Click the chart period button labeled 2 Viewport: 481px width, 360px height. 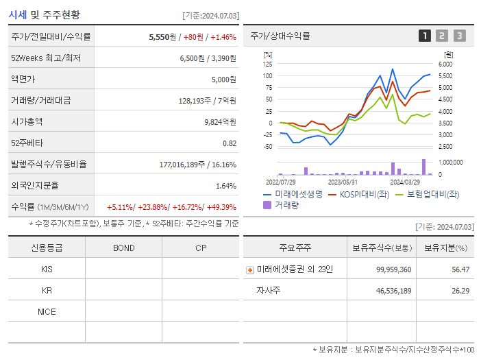[x=442, y=36]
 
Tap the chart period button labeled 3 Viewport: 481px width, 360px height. [x=459, y=36]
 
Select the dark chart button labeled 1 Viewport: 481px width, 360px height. [x=425, y=36]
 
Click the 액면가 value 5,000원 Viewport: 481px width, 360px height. [x=223, y=80]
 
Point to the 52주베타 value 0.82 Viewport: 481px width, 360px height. [x=229, y=143]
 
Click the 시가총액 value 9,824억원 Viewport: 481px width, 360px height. [x=220, y=122]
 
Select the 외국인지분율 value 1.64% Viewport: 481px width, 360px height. [x=225, y=186]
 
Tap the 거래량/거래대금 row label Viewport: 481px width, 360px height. [x=41, y=101]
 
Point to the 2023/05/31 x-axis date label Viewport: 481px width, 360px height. [x=343, y=182]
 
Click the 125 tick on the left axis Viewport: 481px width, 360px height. [x=267, y=64]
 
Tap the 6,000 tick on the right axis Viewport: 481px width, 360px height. [x=445, y=64]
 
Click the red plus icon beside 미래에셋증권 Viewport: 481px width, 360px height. [x=250, y=270]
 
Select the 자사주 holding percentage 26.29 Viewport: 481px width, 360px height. [x=460, y=291]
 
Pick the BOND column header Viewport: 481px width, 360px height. [x=123, y=248]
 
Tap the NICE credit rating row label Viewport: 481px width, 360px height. [x=47, y=312]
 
